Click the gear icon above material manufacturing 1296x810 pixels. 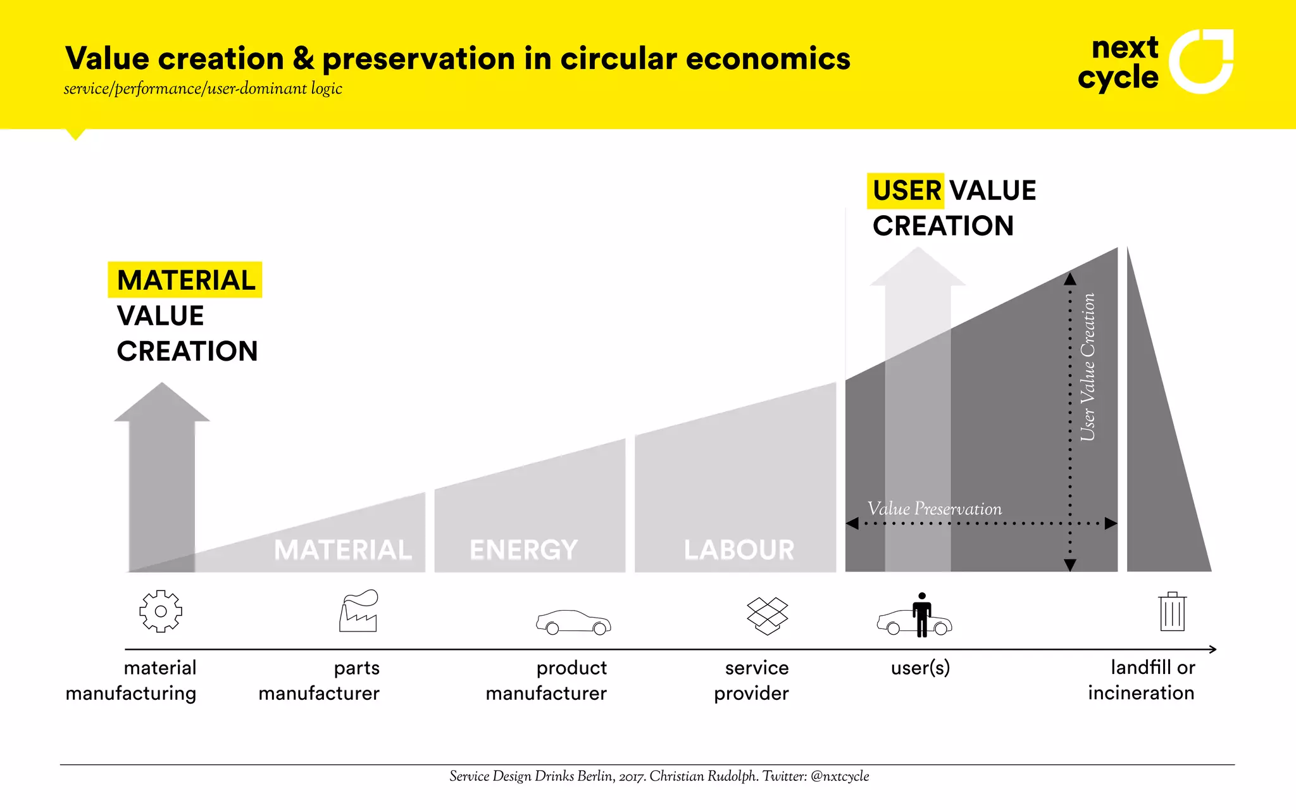click(161, 611)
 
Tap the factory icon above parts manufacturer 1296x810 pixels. click(359, 611)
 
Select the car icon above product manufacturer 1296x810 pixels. click(573, 622)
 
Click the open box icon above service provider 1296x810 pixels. click(767, 616)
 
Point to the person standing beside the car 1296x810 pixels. click(922, 614)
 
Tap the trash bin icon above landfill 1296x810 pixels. click(1172, 612)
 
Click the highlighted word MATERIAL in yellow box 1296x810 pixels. click(185, 280)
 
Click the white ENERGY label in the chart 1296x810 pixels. click(523, 549)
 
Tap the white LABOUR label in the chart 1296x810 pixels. click(738, 549)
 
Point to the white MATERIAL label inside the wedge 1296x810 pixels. click(343, 549)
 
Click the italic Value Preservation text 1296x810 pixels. click(934, 509)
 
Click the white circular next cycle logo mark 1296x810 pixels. click(1200, 61)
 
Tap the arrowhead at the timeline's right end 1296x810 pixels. click(1212, 649)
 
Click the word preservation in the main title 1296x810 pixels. click(418, 59)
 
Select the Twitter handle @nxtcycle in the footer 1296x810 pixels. click(839, 776)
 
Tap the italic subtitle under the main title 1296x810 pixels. click(202, 89)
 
